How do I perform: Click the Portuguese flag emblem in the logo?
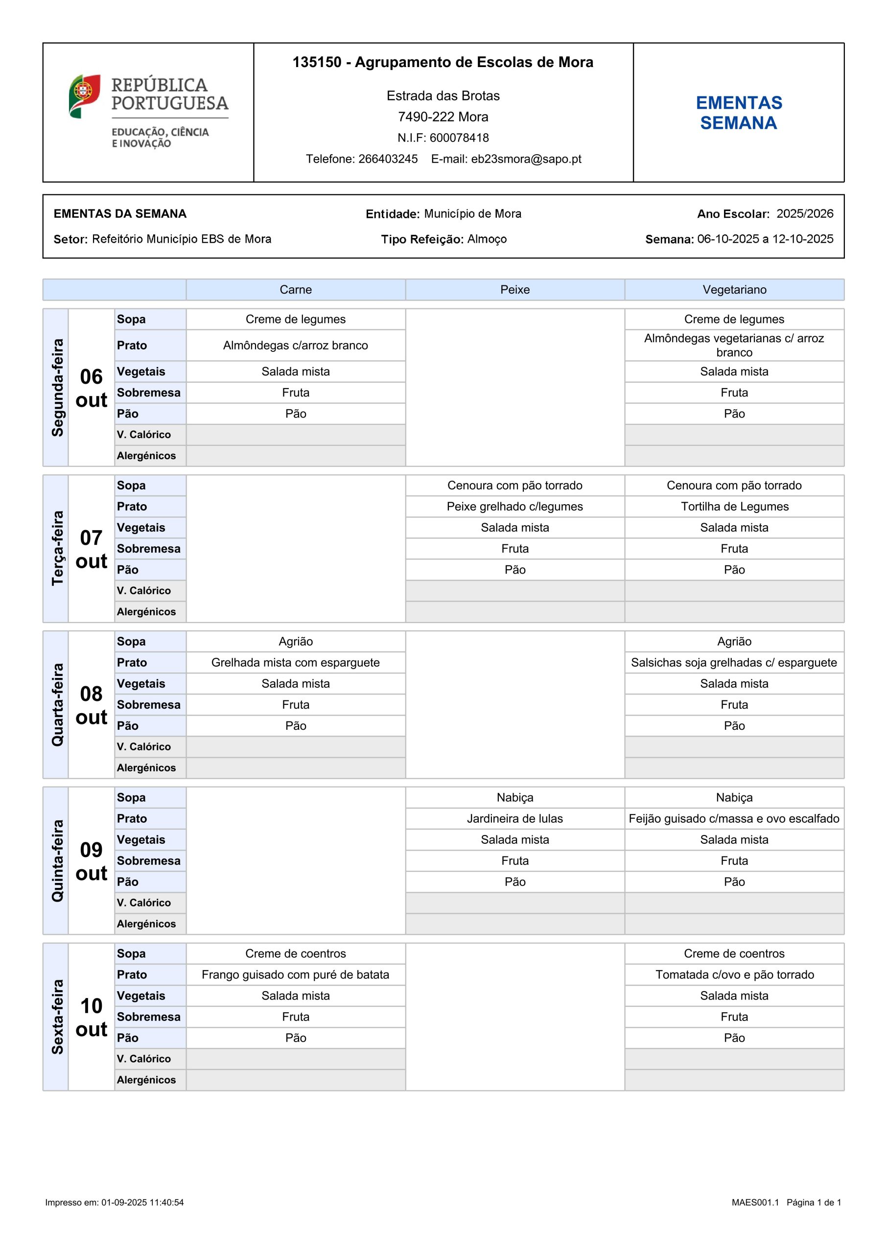point(85,95)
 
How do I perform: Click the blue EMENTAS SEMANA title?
point(739,113)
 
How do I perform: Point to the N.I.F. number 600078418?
point(459,138)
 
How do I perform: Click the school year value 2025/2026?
point(805,213)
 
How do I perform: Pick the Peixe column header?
point(515,290)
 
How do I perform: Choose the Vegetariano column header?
point(734,290)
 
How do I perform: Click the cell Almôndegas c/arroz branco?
point(295,346)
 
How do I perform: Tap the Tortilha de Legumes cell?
point(734,507)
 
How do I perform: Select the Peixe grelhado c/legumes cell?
point(515,507)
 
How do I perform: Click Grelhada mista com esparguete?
point(295,663)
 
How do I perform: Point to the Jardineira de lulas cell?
point(515,818)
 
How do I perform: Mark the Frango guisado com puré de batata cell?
point(295,975)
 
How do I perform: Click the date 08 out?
point(91,705)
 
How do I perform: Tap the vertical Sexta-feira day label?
point(57,1017)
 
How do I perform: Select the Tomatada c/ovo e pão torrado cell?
point(734,975)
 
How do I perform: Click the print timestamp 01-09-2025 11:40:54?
point(142,1202)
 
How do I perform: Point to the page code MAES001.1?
point(755,1202)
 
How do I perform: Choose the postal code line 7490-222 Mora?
point(443,117)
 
